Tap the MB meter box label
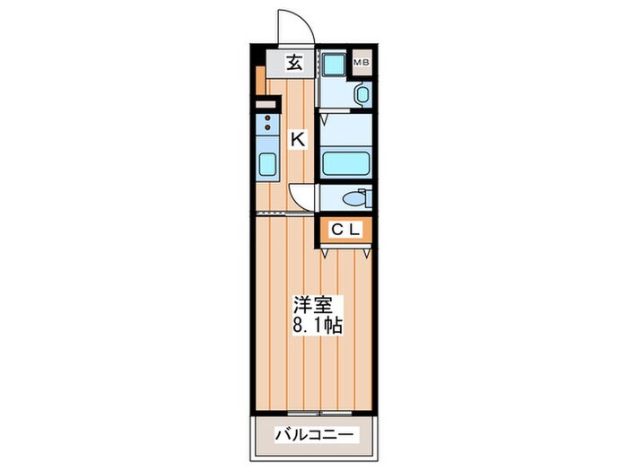[x=361, y=62]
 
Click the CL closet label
[x=345, y=231]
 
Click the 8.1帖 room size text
[x=315, y=324]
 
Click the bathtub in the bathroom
[x=345, y=163]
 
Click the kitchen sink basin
[x=268, y=166]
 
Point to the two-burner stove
[x=267, y=125]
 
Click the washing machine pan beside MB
[x=332, y=65]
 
